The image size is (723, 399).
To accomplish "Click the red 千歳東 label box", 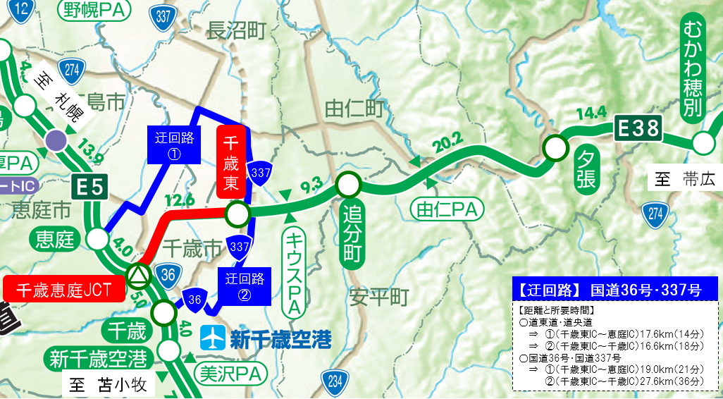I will pos(232,162).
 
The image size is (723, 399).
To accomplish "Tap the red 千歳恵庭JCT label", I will pos(63,290).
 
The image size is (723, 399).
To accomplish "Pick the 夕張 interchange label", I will pos(586,169).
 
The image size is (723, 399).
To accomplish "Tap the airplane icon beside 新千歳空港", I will pos(211,338).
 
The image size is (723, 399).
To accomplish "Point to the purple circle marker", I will pos(55,140).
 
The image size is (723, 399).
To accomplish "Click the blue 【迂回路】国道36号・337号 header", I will pos(614,289).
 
